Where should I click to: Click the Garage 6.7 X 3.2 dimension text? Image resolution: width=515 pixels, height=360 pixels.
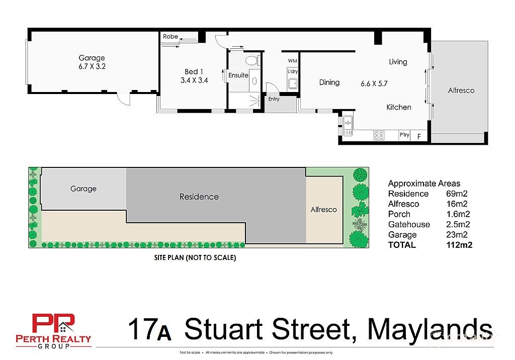click(91, 66)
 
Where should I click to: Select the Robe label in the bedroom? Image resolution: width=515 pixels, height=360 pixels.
click(170, 37)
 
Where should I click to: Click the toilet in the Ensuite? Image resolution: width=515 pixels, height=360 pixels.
click(252, 61)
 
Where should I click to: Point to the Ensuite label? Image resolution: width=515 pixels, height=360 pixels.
click(238, 75)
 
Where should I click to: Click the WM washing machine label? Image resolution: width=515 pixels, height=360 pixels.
click(292, 61)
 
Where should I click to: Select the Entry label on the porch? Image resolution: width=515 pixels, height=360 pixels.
click(274, 99)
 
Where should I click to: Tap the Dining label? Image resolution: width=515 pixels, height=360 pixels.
click(329, 82)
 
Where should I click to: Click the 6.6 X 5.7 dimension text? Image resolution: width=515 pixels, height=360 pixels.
click(374, 83)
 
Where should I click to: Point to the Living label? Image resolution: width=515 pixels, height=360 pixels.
click(398, 62)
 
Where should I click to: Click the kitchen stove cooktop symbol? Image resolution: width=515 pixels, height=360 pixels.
click(379, 135)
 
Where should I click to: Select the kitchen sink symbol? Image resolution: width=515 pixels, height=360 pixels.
click(348, 125)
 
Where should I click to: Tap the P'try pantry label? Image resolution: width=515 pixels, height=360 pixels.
click(404, 135)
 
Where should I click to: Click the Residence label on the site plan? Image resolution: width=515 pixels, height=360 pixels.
click(199, 197)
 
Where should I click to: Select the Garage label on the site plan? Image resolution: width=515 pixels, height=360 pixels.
click(83, 189)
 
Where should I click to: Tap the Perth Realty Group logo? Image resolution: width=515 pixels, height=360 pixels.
click(53, 331)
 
